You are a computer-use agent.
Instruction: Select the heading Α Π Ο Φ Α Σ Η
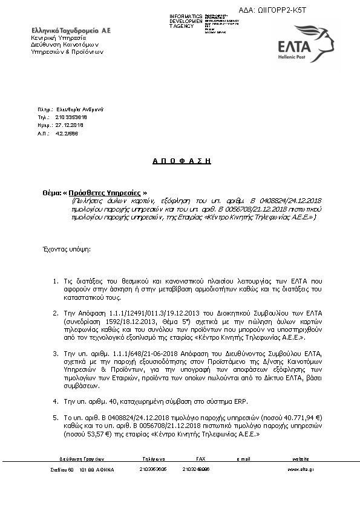[181, 161]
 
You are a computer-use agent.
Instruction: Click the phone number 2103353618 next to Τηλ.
[71, 117]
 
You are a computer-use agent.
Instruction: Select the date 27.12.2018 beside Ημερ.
[69, 125]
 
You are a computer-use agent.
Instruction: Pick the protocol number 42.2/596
[66, 132]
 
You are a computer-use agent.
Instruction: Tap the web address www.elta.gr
[300, 468]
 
